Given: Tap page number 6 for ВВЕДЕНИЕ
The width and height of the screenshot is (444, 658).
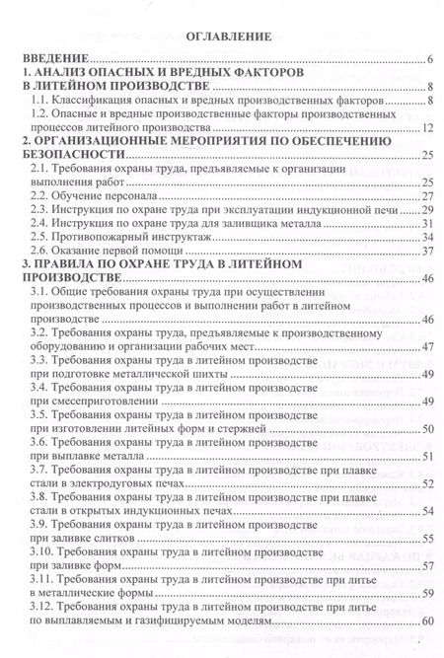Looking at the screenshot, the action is (430, 60).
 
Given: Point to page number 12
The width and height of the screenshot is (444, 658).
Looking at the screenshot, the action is (427, 128).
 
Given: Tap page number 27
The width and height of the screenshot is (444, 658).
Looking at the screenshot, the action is (427, 197).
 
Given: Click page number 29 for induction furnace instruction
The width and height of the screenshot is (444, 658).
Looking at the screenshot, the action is (427, 211).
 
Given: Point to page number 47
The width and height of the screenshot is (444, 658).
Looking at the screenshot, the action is (427, 347).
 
